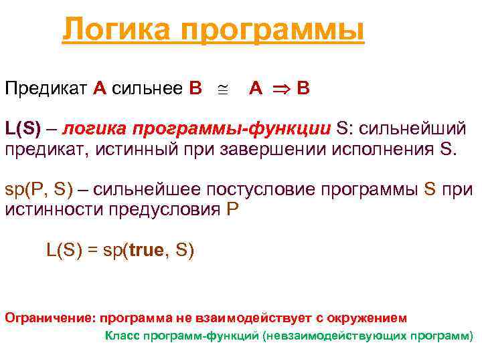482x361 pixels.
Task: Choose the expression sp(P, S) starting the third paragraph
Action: [39, 189]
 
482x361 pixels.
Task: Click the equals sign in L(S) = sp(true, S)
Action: [93, 251]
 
